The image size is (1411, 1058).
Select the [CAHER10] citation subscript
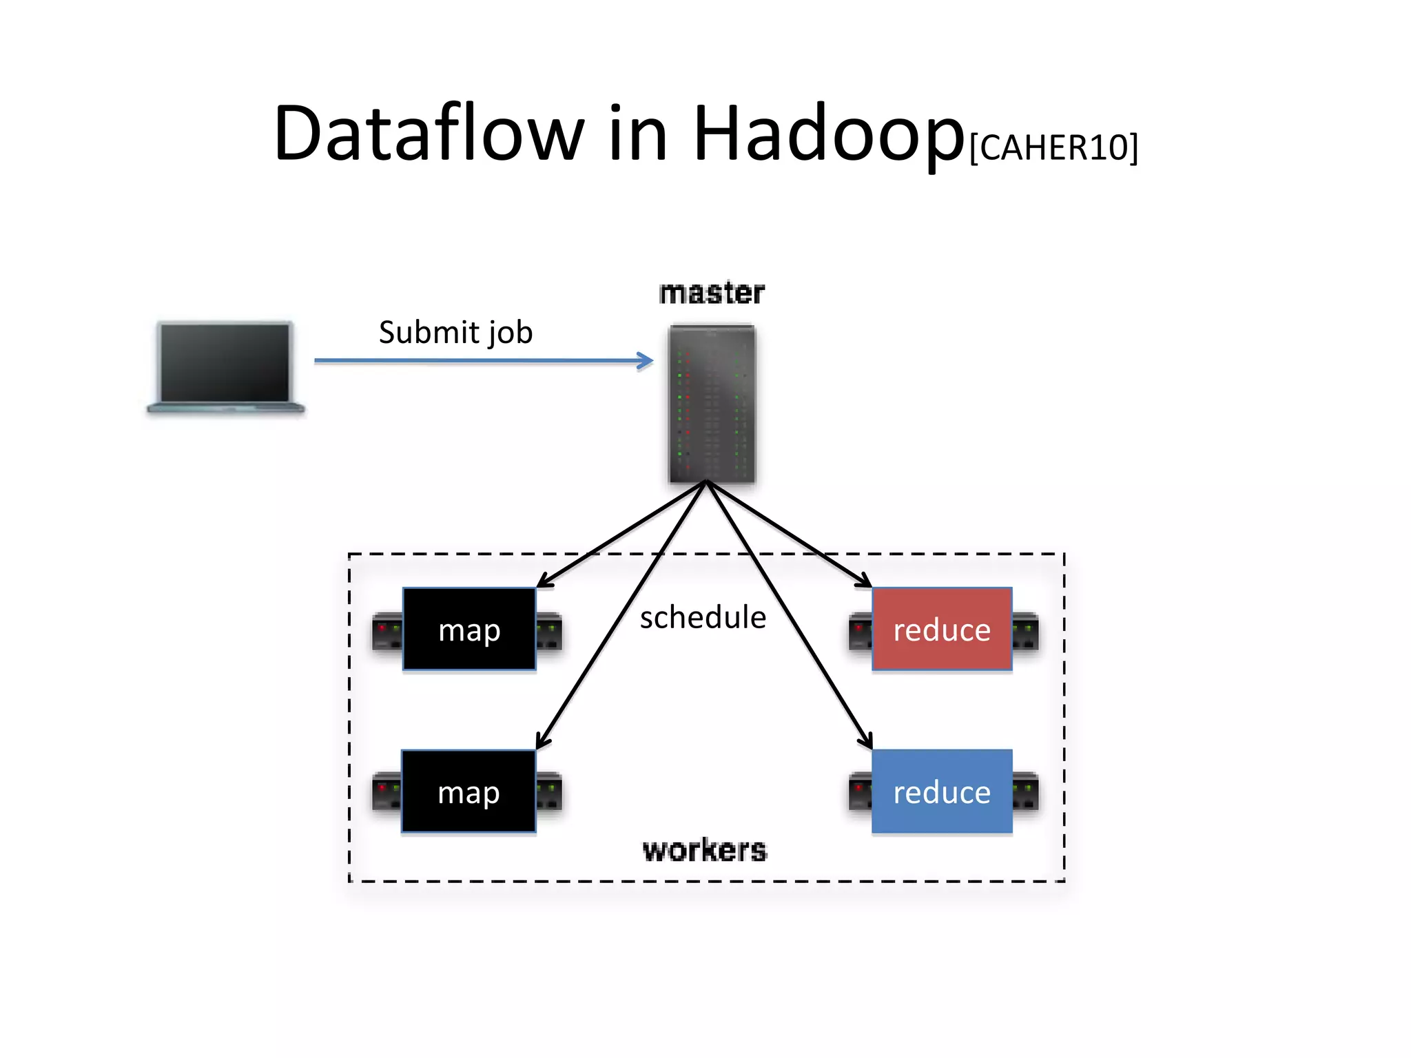click(1053, 147)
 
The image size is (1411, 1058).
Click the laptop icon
click(225, 367)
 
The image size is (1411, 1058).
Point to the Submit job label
click(455, 332)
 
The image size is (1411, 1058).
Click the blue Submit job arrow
click(482, 360)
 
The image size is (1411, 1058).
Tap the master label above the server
click(712, 293)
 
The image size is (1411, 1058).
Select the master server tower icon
click(712, 404)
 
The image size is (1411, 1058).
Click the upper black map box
click(469, 629)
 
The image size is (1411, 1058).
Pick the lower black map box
click(468, 791)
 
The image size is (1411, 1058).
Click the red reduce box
click(942, 629)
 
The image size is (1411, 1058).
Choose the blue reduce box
click(942, 791)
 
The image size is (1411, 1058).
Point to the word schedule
click(703, 617)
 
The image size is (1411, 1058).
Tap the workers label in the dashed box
click(704, 851)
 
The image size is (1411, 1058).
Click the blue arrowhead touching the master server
click(646, 360)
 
